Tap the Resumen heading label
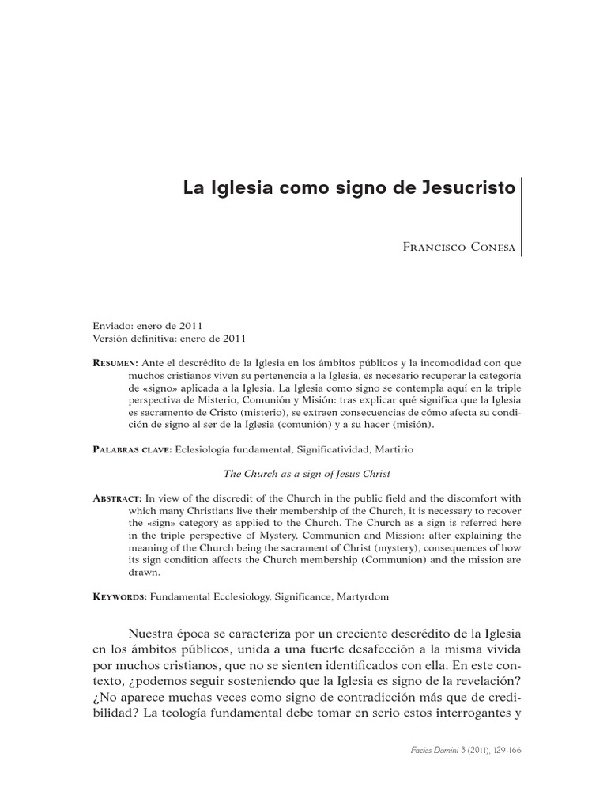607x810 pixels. click(x=115, y=361)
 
